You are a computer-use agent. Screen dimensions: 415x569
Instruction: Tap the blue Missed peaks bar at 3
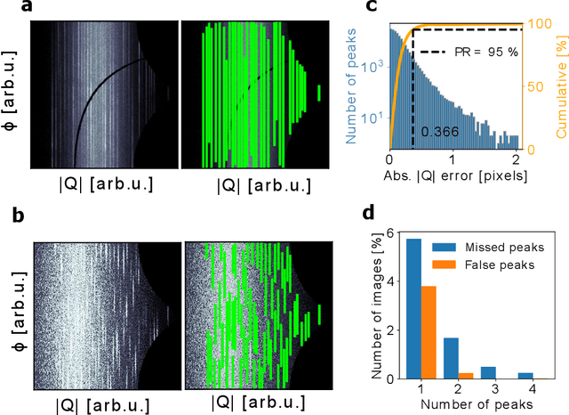pos(488,372)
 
